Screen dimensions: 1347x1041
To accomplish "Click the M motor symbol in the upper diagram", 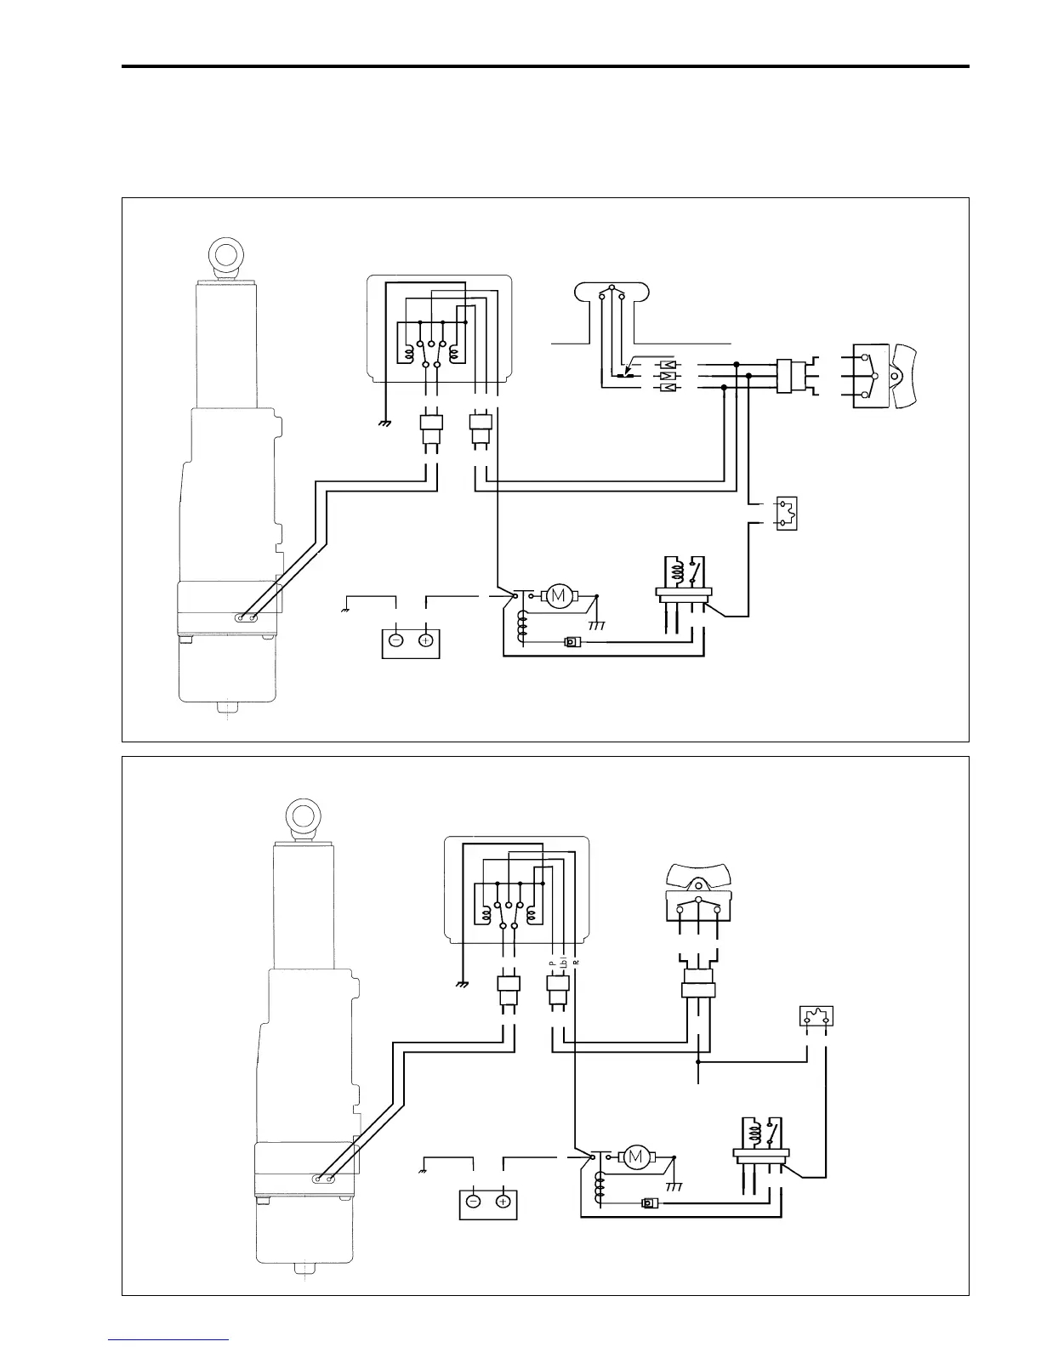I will click(559, 596).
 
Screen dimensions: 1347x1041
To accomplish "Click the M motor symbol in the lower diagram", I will click(635, 1157).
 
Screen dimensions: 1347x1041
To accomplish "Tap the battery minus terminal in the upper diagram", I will click(396, 640).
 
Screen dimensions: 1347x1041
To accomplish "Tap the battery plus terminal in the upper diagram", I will click(426, 640).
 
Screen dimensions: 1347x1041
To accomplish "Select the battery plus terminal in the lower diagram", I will click(503, 1202).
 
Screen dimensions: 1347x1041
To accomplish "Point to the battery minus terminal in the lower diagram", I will click(473, 1202).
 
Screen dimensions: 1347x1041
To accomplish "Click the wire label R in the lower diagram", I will click(576, 962).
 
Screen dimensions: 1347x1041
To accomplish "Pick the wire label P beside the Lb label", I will click(552, 962).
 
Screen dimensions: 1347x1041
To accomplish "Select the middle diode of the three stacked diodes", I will click(668, 375).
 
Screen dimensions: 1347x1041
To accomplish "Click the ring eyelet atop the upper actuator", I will click(225, 256).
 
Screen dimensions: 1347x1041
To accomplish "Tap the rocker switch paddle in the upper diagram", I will click(905, 375).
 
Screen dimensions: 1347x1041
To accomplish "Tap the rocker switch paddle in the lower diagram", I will click(698, 875).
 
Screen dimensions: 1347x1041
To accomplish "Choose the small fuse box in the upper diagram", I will click(786, 513).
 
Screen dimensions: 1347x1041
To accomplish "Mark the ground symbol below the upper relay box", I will click(384, 423).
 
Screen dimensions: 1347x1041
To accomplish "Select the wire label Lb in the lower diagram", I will click(564, 963).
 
